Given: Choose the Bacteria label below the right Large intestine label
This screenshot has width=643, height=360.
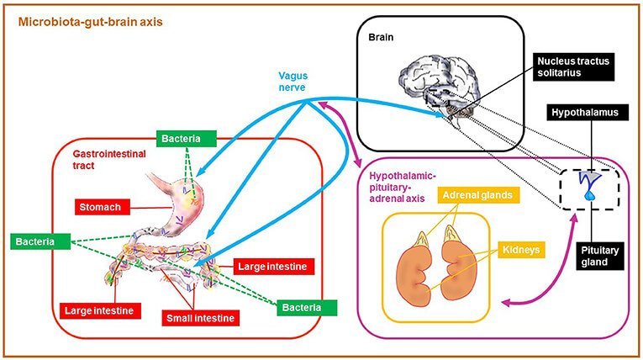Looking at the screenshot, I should pyautogui.click(x=307, y=307).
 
